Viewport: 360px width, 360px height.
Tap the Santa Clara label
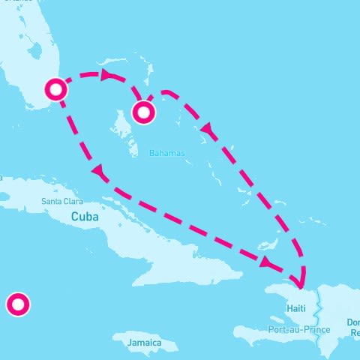click(62, 201)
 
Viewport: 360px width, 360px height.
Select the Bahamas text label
click(166, 153)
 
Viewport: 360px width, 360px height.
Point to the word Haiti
click(297, 308)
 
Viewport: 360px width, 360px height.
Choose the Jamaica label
click(144, 343)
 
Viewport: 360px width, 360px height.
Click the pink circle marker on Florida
click(56, 89)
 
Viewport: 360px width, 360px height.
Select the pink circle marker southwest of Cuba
click(17, 304)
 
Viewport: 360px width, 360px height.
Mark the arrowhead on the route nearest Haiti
click(265, 262)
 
